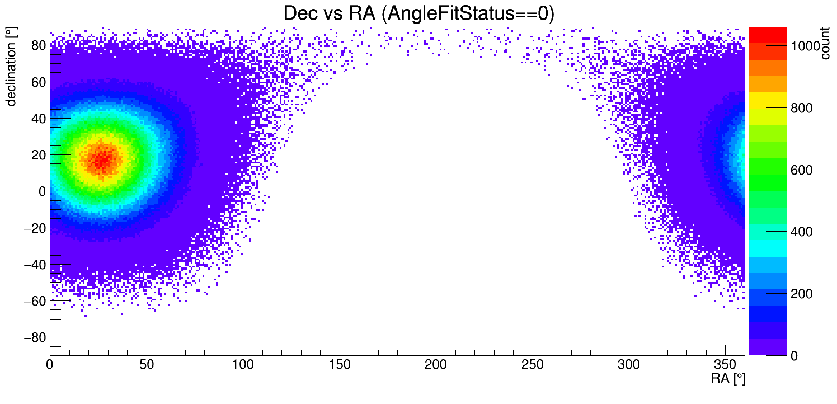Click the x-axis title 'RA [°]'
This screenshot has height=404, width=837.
click(x=728, y=379)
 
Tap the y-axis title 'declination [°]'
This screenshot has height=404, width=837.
click(x=11, y=67)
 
